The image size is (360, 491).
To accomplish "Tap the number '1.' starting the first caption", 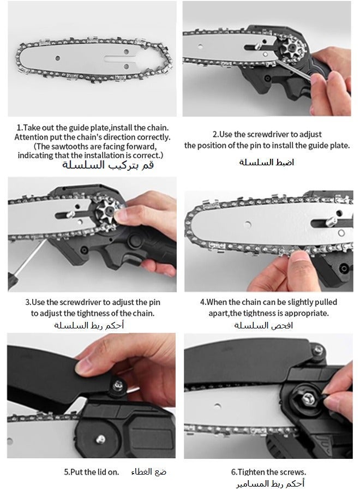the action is [20, 128].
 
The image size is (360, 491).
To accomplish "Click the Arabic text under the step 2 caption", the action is [266, 162].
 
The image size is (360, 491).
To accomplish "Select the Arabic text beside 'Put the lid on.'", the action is [149, 471].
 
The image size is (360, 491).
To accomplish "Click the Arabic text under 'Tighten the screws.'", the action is [270, 484].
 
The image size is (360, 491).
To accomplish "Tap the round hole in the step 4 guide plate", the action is [248, 224].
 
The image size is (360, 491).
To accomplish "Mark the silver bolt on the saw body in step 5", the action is [100, 439].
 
